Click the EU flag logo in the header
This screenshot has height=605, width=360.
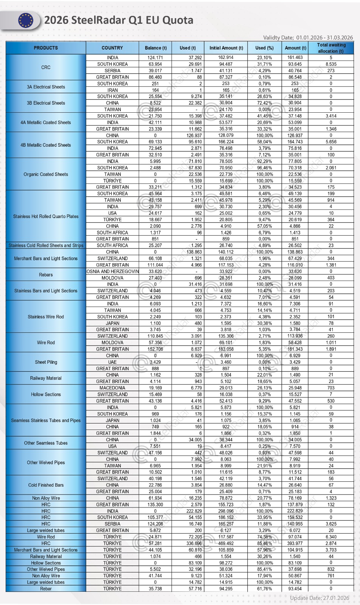coord(25,20)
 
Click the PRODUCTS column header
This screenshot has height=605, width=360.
coord(46,48)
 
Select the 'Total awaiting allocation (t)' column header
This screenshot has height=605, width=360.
coord(331,48)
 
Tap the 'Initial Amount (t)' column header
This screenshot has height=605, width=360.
coord(226,48)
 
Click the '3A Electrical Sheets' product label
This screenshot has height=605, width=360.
coord(46,87)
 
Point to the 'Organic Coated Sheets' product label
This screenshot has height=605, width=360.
coord(46,174)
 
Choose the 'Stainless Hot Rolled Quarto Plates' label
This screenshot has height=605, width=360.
coord(46,216)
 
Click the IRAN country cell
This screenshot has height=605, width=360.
coord(112,90)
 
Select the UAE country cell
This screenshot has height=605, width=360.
coord(112,362)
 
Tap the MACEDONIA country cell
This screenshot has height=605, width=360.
coord(112,388)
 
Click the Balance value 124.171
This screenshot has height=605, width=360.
coord(155,58)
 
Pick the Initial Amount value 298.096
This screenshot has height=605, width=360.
coord(226,511)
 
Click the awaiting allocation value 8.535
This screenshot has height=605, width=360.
coord(331,64)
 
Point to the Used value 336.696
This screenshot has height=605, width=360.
coord(194,543)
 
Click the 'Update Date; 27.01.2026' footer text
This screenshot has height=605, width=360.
coord(320,598)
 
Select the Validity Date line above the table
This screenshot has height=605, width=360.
coord(308,37)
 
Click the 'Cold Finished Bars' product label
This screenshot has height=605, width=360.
coord(46,485)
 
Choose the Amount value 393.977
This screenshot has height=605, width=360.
coord(295,543)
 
